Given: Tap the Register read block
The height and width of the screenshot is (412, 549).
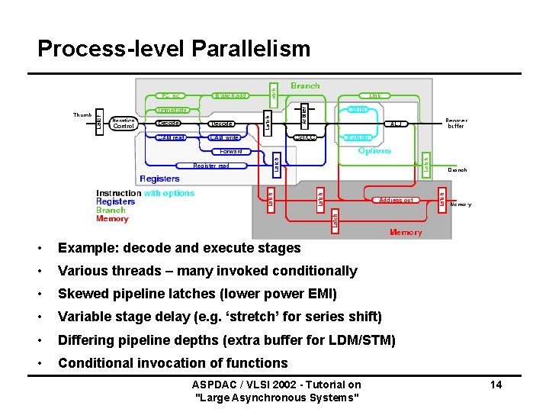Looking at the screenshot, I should click(x=211, y=166).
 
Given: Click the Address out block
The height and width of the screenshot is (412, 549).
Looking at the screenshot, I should click(x=396, y=200).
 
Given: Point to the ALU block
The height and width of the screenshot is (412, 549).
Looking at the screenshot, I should click(x=396, y=124).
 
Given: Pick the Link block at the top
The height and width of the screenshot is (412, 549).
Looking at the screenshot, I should click(x=374, y=96).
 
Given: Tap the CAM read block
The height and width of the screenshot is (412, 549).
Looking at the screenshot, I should click(x=171, y=138).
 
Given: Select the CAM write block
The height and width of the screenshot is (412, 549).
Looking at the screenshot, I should click(x=225, y=138).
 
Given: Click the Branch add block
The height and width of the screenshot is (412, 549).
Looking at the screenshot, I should click(x=230, y=96).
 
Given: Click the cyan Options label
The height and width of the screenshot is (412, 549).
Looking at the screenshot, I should click(x=374, y=150).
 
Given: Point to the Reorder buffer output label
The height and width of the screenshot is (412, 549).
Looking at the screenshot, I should click(x=456, y=123).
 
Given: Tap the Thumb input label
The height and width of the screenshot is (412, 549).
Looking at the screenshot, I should click(x=82, y=115).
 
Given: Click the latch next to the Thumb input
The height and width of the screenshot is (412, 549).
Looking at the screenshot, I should click(x=98, y=123).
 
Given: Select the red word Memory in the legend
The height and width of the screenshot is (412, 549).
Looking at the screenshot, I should click(x=112, y=219).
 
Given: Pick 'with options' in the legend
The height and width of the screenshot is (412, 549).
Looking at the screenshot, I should click(x=169, y=194).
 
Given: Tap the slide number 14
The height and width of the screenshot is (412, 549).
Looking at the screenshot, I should click(x=496, y=385).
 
